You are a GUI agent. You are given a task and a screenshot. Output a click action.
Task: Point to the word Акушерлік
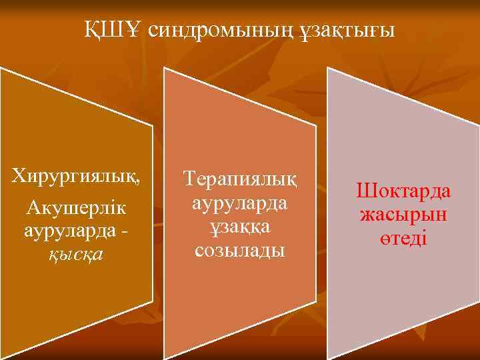click(76, 209)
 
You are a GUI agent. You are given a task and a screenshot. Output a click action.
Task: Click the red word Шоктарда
click(403, 191)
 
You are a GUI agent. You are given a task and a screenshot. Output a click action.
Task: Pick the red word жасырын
click(403, 215)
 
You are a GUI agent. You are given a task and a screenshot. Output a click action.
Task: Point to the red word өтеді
click(403, 238)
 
